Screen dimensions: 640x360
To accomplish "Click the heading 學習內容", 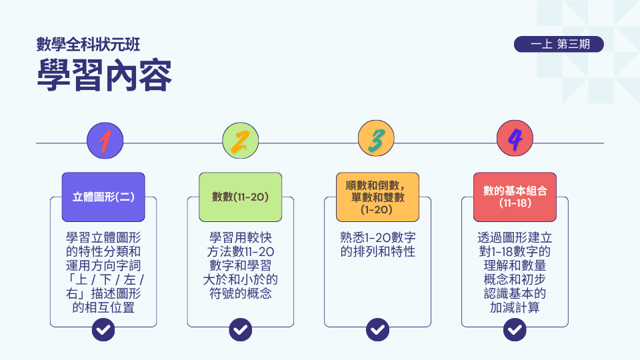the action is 104,76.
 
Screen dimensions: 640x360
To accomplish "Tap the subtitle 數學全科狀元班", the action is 88,45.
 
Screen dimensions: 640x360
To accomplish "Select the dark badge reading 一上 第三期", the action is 559,44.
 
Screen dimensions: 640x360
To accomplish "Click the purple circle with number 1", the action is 105,141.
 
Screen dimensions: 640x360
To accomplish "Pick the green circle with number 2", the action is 241,141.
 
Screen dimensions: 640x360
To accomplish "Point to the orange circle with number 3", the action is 376,139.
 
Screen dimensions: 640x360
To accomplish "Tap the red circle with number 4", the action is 515,139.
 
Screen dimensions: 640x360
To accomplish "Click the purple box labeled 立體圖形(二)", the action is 103,197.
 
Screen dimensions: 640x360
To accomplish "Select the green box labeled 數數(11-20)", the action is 241,197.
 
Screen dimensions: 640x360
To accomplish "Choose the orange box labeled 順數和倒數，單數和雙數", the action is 377,197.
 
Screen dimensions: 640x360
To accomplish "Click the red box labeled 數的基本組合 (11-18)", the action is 515,197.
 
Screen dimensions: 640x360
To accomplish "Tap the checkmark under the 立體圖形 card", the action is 103,329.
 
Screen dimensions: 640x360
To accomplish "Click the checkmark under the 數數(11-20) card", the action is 241,329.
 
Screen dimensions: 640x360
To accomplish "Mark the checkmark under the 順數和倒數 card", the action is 377,329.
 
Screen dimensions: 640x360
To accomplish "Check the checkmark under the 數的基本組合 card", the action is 515,329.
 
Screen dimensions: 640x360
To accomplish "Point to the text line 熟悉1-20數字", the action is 377,237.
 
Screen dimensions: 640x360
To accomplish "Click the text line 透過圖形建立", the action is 515,237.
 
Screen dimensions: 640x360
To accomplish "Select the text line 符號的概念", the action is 241,293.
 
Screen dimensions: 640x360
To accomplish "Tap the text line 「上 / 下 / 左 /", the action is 105,279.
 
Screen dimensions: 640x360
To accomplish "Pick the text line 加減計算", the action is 515,307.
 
